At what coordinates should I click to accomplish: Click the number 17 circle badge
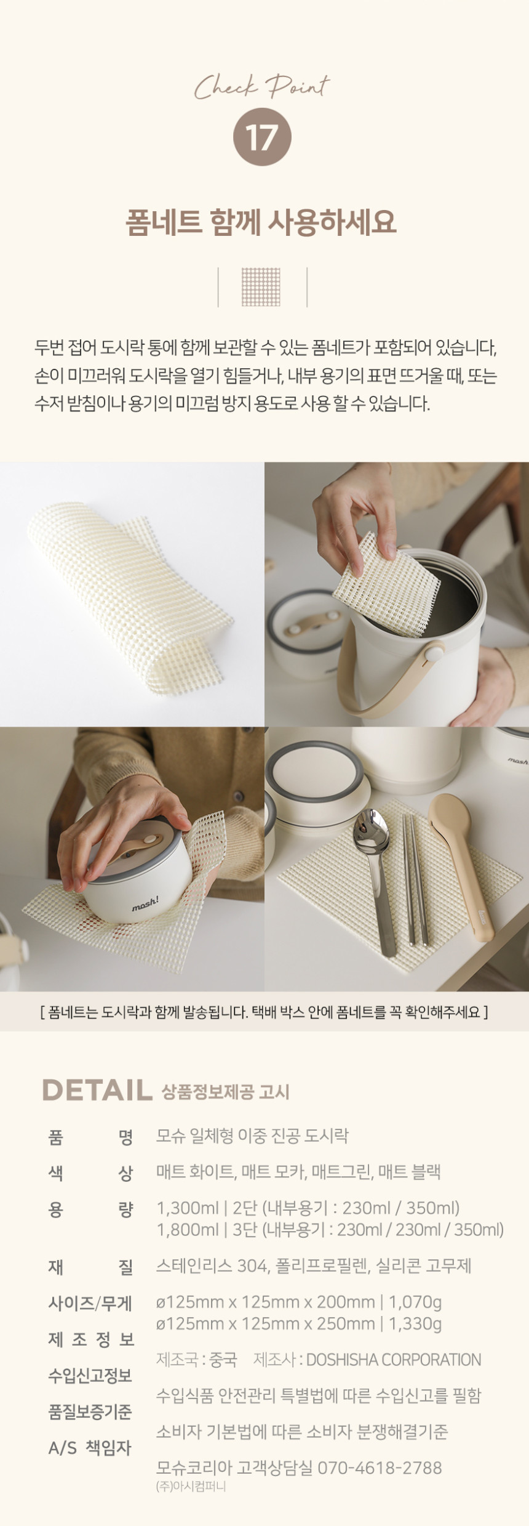(262, 137)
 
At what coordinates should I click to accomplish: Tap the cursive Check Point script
(262, 87)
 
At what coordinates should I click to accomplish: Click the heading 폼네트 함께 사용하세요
(261, 222)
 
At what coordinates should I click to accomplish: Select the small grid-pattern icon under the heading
(261, 286)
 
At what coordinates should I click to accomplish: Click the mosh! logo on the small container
(145, 903)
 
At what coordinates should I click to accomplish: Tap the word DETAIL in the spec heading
(97, 1090)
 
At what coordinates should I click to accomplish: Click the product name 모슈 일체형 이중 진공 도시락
(252, 1135)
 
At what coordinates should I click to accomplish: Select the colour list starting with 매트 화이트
(298, 1171)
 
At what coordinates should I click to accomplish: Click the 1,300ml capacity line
(308, 1208)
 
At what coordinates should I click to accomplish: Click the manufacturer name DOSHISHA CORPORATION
(394, 1359)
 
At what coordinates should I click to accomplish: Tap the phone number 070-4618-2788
(380, 1467)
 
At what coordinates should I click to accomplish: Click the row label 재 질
(90, 1266)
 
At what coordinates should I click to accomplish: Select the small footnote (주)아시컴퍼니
(191, 1486)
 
